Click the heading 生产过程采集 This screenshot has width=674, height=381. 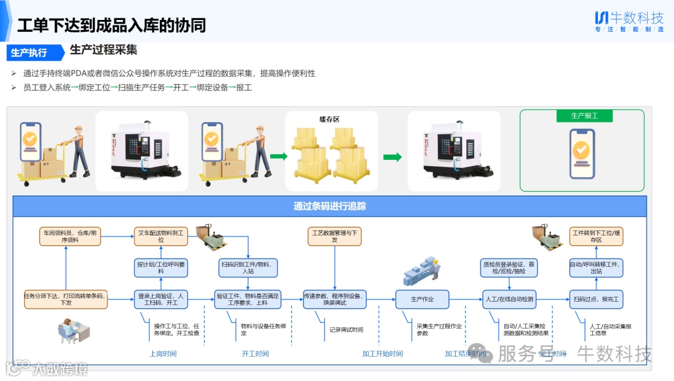pyautogui.click(x=104, y=50)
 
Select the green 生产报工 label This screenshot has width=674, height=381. pyautogui.click(x=584, y=116)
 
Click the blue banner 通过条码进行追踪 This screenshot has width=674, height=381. pyautogui.click(x=330, y=206)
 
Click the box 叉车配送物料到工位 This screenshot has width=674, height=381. pyautogui.click(x=160, y=236)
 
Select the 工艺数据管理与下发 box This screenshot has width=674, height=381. pyautogui.click(x=335, y=236)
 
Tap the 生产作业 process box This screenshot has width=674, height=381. pyautogui.click(x=422, y=299)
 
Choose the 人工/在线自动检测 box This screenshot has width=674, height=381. pyautogui.click(x=509, y=299)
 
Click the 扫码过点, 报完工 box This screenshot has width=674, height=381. pyautogui.click(x=596, y=299)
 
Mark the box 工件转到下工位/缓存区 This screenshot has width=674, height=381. pyautogui.click(x=596, y=236)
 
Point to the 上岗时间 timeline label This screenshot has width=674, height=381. pyautogui.click(x=163, y=354)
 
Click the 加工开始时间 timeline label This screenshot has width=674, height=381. pyautogui.click(x=382, y=354)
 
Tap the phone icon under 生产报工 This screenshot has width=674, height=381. pyautogui.click(x=581, y=151)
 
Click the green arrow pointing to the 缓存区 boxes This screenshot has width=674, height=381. pyautogui.click(x=278, y=156)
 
